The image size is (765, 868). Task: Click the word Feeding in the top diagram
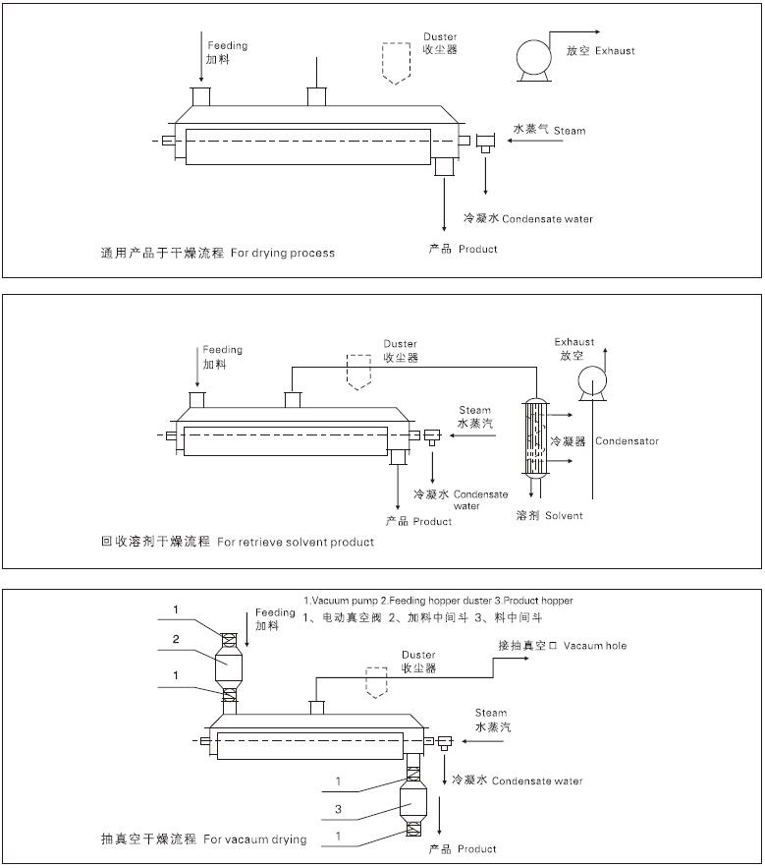pos(227,45)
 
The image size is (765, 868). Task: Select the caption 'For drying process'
pos(283,254)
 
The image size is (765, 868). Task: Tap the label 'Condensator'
pos(627,441)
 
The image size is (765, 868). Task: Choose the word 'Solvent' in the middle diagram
pos(564,515)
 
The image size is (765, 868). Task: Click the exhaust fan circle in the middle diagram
pos(593,379)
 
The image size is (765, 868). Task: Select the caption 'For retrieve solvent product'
pos(296,542)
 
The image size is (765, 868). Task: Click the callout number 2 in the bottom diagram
pos(176,638)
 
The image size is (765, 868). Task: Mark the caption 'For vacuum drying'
pos(254,839)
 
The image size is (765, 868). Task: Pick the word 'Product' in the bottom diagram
pos(477,848)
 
